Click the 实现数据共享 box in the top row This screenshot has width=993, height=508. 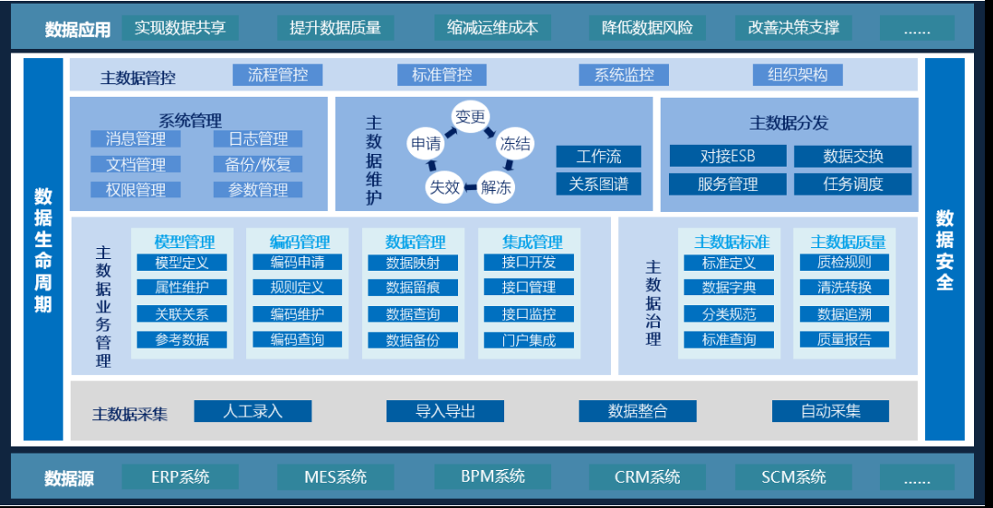coord(180,27)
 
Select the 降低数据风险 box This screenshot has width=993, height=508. coord(647,27)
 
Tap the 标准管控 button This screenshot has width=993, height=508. coord(442,75)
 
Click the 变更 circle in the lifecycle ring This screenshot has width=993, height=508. coord(471,117)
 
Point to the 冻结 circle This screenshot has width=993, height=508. coord(515,143)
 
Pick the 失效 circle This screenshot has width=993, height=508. coord(444,187)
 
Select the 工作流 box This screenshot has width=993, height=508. coord(598,157)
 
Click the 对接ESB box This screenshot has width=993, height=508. coord(727,156)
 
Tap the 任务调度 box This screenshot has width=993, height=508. coord(853,184)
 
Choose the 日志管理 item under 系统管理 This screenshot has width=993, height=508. coord(258,139)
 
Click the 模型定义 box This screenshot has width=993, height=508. coord(182,263)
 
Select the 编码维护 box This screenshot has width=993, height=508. coord(297,314)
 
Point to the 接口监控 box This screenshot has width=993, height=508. coord(530,314)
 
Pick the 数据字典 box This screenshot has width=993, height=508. coord(729,288)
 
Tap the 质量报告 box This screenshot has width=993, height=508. coord(844,340)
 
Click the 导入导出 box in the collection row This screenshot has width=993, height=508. coord(445,411)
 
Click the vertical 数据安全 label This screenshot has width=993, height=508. coord(945,250)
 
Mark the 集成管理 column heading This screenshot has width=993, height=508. coord(532,242)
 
